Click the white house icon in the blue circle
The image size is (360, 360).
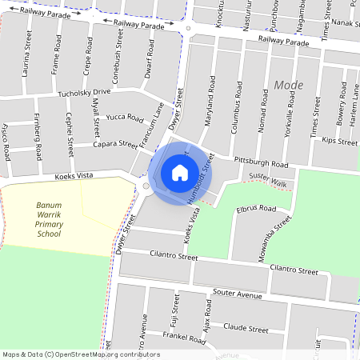click(x=180, y=172)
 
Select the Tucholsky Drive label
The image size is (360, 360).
click(x=84, y=93)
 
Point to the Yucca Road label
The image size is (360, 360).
click(x=124, y=118)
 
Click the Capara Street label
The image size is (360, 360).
click(x=117, y=145)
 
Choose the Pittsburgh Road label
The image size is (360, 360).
click(x=260, y=162)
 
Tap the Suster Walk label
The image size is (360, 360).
click(x=267, y=180)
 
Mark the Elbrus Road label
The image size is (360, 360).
click(x=256, y=210)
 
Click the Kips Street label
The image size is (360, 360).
click(x=339, y=142)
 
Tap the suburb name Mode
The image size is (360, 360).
click(x=288, y=85)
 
